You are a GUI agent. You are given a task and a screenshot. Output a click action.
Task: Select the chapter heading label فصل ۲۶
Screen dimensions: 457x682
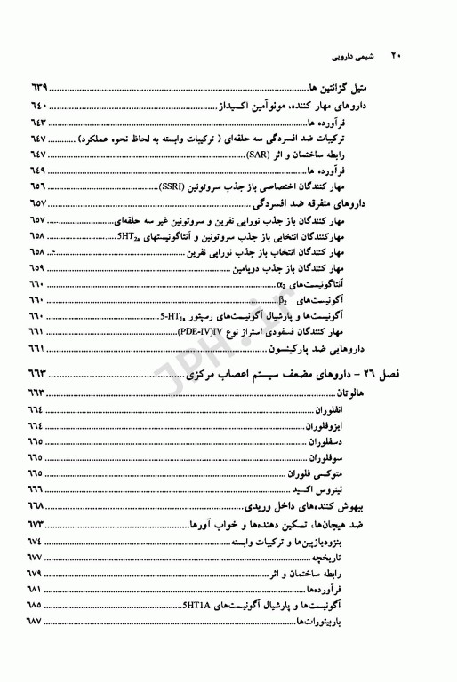click(x=386, y=378)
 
